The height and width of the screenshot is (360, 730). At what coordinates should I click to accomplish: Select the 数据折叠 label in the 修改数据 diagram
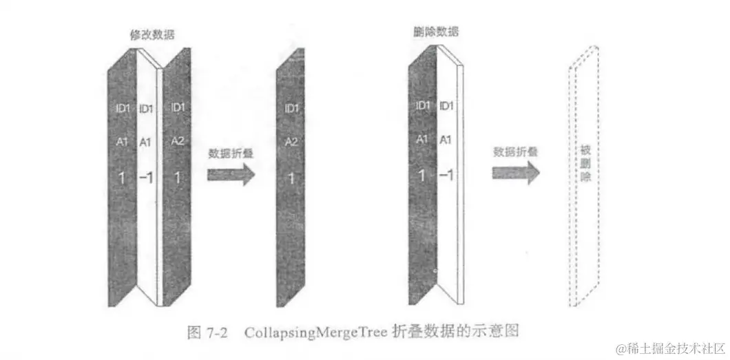pos(231,153)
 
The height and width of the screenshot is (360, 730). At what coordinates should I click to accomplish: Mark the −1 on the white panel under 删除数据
pos(446,176)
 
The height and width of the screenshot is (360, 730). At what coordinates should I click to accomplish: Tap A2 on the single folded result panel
pos(291,142)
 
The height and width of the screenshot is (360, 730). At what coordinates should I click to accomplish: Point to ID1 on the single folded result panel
pos(291,109)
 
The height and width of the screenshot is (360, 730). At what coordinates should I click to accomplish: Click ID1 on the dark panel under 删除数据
pos(423,106)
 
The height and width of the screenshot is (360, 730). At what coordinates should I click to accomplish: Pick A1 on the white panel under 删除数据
pos(446,139)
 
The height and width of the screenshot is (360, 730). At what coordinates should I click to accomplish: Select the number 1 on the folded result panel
pos(291,178)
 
